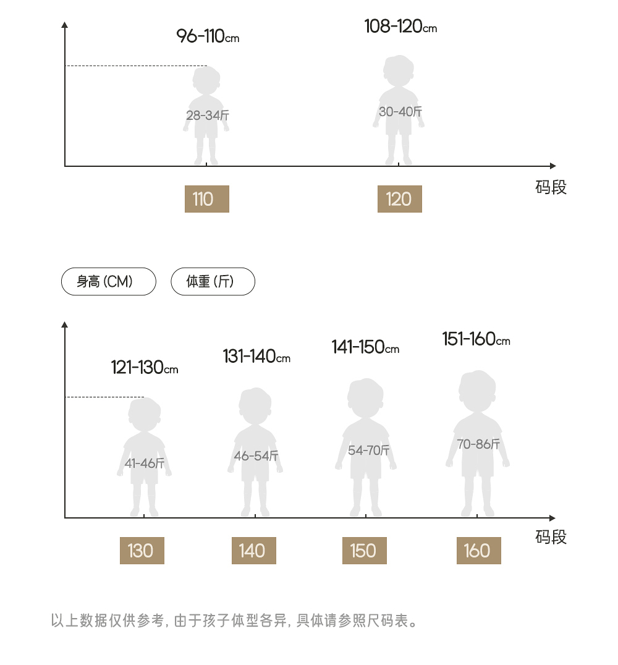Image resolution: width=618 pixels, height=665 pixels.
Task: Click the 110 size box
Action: pyautogui.click(x=206, y=199)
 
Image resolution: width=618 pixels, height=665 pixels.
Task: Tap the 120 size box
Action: pyautogui.click(x=399, y=199)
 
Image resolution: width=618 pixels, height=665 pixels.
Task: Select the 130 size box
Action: pyautogui.click(x=142, y=551)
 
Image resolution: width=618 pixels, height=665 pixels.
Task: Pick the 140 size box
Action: pyautogui.click(x=253, y=551)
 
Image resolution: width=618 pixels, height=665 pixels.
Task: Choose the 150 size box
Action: pyautogui.click(x=364, y=551)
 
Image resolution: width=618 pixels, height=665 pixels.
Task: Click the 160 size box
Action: pyautogui.click(x=478, y=551)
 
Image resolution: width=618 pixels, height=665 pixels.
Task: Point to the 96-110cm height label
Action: pyautogui.click(x=208, y=36)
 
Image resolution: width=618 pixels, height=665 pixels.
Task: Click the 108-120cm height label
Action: pyautogui.click(x=400, y=27)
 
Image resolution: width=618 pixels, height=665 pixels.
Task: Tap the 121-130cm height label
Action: pyautogui.click(x=145, y=368)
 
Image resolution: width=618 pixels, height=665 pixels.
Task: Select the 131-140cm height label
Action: pyautogui.click(x=256, y=357)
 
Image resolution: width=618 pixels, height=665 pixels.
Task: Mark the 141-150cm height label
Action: pyautogui.click(x=365, y=347)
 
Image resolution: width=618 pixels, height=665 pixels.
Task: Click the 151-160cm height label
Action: pyautogui.click(x=476, y=339)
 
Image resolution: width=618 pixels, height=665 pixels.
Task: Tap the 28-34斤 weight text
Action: pyautogui.click(x=208, y=116)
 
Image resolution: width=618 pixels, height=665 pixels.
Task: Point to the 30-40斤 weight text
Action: pyautogui.click(x=400, y=112)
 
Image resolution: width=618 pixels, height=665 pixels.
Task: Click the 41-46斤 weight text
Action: pyautogui.click(x=145, y=463)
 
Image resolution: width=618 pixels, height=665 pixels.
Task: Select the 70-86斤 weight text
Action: pyautogui.click(x=478, y=444)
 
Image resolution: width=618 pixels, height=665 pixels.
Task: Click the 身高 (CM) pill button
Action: pyautogui.click(x=109, y=282)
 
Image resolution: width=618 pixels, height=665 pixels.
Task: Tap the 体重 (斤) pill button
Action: pyautogui.click(x=213, y=282)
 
